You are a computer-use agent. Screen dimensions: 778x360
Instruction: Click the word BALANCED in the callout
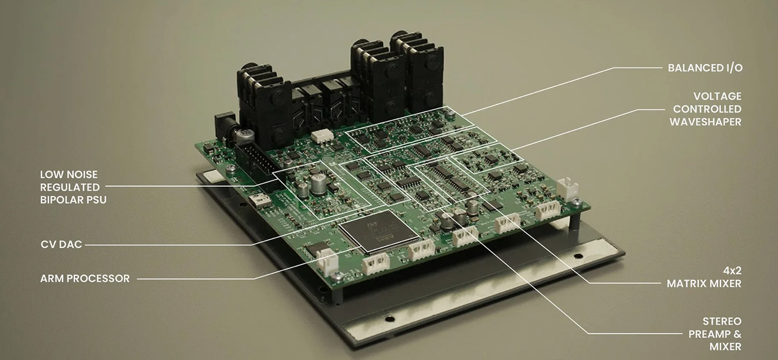point(695,68)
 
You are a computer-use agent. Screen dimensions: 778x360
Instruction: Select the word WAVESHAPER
point(706,122)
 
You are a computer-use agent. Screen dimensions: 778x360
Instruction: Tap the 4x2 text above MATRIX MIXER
point(732,271)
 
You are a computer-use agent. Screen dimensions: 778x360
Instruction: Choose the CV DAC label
point(61,244)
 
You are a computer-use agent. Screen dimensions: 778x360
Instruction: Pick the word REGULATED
point(70,187)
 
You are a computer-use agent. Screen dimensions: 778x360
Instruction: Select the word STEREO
point(722,321)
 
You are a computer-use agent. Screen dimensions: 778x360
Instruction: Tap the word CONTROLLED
point(707,109)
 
